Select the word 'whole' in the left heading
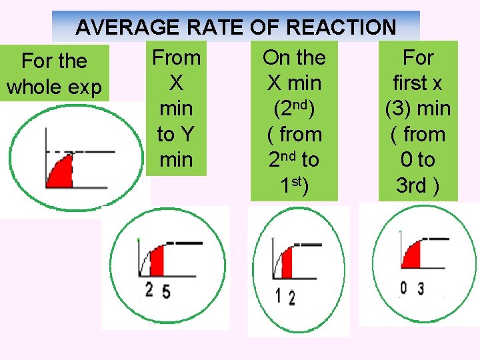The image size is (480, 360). click(x=35, y=87)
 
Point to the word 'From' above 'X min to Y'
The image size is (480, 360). click(x=176, y=58)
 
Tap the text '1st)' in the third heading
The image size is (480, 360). click(x=294, y=186)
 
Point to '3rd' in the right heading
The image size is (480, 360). click(x=412, y=186)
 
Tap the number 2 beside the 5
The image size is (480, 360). click(x=149, y=289)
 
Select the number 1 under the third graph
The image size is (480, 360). click(x=278, y=294)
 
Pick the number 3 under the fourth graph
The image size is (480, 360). click(x=421, y=289)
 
